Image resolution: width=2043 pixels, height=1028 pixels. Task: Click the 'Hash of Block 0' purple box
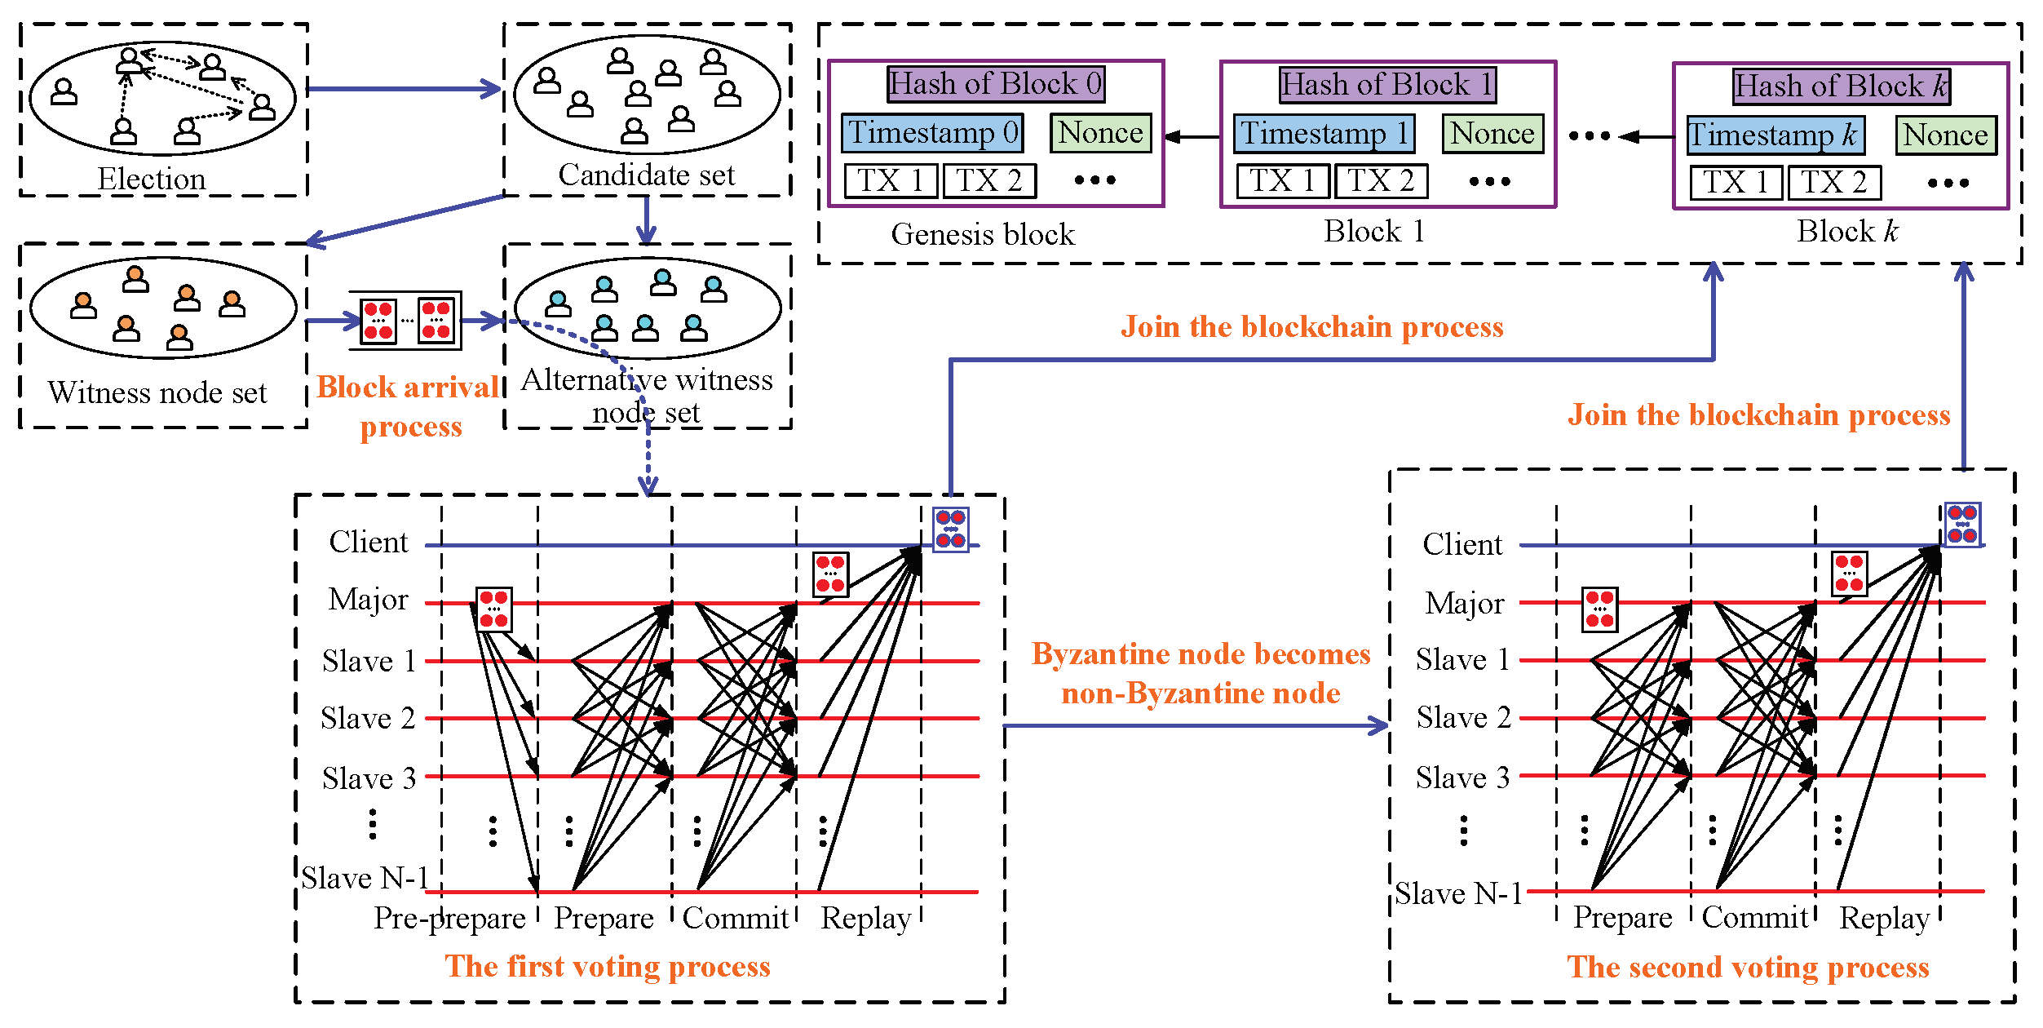coord(996,84)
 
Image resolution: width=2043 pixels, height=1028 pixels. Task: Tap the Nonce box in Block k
coord(1946,135)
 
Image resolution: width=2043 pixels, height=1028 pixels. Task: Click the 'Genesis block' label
coord(983,235)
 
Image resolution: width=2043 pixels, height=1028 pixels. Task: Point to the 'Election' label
coord(152,179)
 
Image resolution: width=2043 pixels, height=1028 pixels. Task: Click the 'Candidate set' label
coord(646,175)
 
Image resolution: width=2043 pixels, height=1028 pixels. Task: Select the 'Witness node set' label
coord(157,393)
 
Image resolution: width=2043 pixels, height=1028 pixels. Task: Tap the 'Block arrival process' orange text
coord(409,406)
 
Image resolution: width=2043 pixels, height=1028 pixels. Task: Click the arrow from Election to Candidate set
coord(404,89)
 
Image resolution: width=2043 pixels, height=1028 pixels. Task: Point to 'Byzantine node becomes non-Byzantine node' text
coord(1201,673)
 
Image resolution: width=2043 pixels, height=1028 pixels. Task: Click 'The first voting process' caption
coord(608,967)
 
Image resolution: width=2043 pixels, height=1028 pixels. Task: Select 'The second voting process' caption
coord(1748,968)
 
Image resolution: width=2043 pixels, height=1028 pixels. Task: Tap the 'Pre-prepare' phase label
coord(449,919)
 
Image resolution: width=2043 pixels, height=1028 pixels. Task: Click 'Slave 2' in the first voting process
coord(368,719)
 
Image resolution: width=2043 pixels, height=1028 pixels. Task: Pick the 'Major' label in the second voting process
coord(1464,604)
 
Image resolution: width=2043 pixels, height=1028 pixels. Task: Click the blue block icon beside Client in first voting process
coord(950,529)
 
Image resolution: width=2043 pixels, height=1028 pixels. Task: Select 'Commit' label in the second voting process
coord(1754,918)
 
